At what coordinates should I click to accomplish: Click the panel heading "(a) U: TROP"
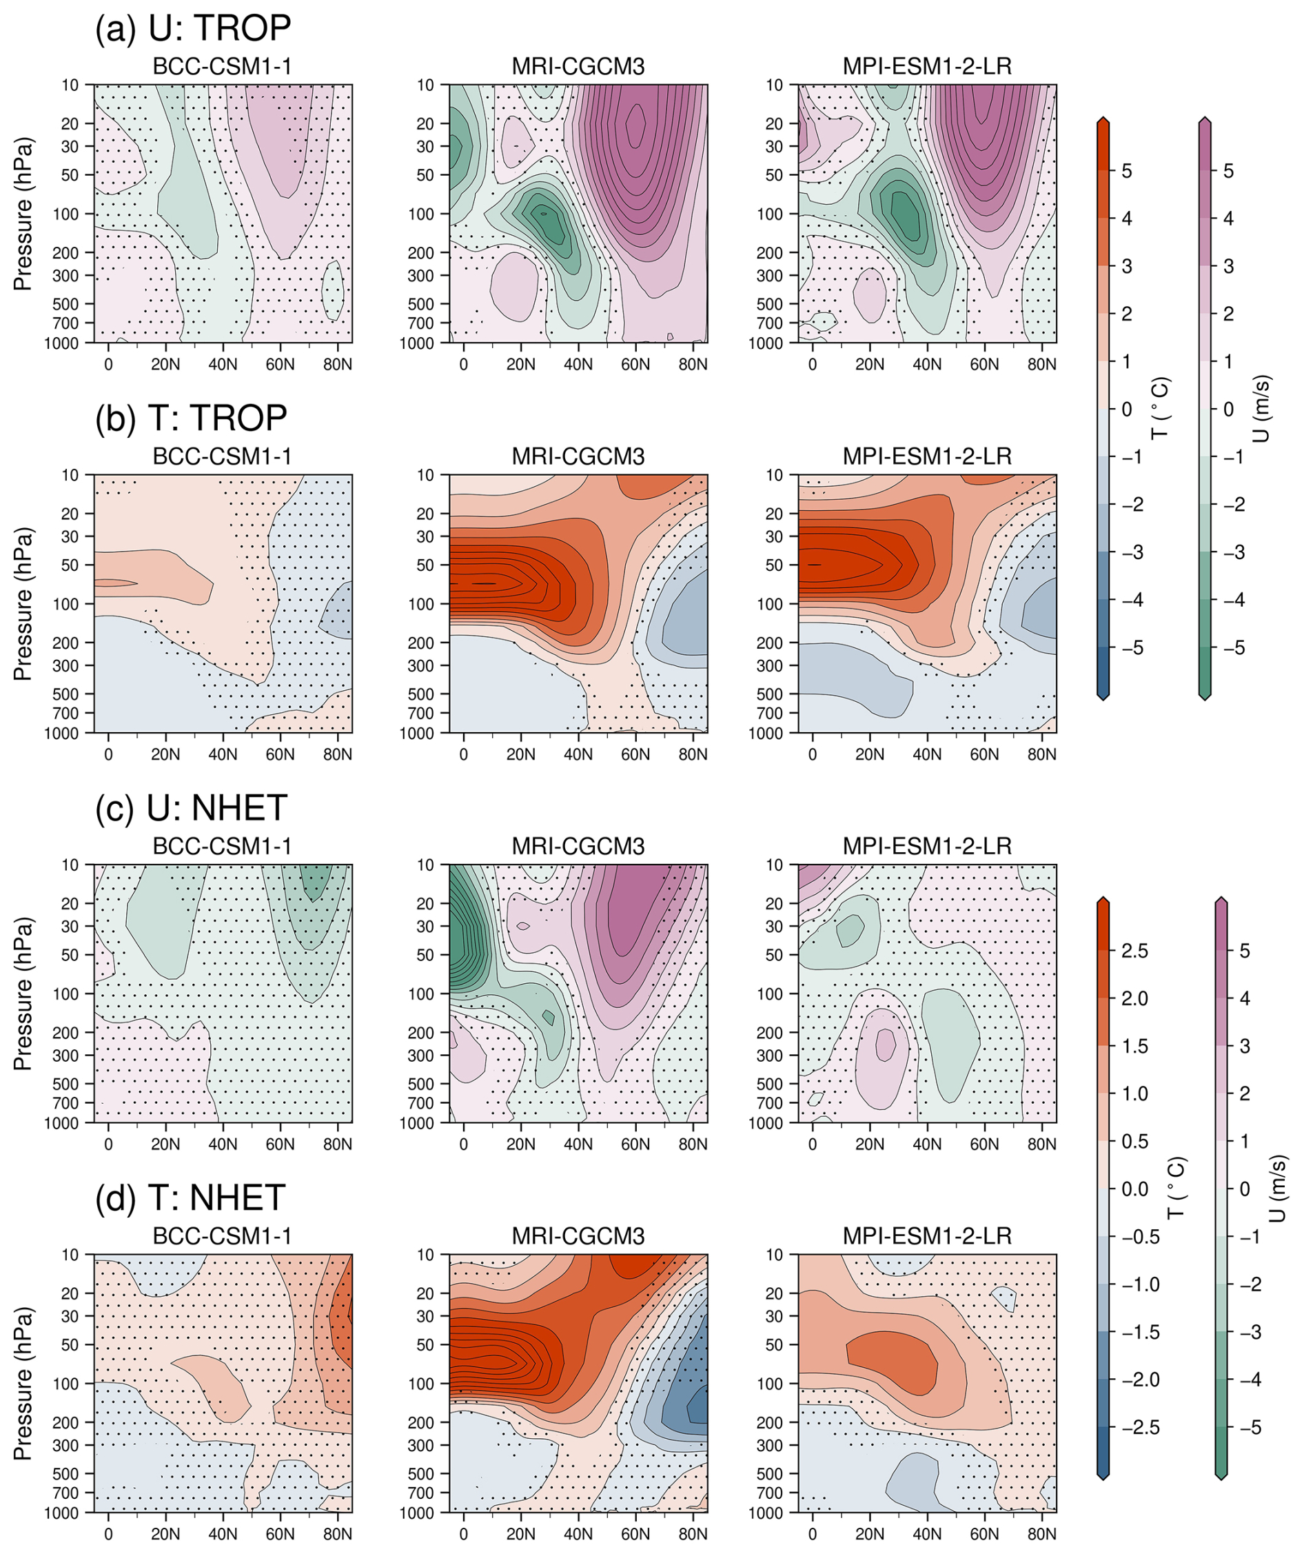click(193, 28)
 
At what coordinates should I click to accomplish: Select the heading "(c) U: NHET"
click(191, 807)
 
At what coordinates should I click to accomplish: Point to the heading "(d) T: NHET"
click(190, 1198)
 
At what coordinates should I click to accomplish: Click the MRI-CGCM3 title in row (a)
click(578, 68)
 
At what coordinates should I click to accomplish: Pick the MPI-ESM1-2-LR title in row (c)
click(927, 847)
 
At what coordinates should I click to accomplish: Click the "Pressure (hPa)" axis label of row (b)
click(23, 604)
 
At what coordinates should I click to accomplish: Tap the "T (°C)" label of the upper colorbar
click(1161, 408)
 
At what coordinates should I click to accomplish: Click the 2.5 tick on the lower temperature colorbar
click(1134, 951)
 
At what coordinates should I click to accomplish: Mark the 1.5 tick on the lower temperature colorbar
click(1134, 1047)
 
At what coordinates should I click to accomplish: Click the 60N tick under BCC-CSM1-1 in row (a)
click(281, 365)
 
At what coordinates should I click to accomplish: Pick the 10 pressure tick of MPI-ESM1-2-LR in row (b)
click(774, 475)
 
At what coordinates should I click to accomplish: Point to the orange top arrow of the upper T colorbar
click(1103, 121)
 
